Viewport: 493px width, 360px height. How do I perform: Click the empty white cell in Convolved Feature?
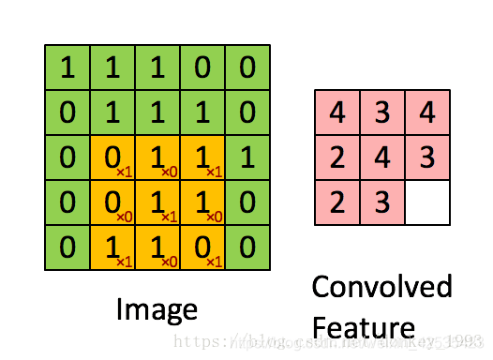tap(427, 202)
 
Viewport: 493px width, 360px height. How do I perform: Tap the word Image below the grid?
tap(157, 309)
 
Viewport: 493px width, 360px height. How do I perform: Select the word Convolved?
tap(381, 287)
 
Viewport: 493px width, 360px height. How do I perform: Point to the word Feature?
tap(363, 327)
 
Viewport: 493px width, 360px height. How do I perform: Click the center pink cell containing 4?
tap(382, 157)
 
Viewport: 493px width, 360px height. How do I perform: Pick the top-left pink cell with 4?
tap(337, 112)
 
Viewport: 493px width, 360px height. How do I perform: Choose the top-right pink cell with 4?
tap(427, 112)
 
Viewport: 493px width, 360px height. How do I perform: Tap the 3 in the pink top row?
tap(382, 112)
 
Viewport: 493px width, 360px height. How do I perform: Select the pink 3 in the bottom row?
tap(382, 202)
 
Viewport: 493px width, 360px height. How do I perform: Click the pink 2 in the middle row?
tap(337, 157)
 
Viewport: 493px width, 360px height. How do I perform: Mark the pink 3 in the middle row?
tap(427, 157)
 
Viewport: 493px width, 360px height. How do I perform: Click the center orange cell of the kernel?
tap(157, 202)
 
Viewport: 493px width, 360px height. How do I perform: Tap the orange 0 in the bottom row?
tap(202, 247)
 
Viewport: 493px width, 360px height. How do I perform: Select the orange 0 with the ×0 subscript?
tap(112, 202)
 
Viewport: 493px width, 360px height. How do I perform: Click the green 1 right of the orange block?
tap(247, 157)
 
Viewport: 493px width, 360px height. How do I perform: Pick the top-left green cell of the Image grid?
tap(67, 67)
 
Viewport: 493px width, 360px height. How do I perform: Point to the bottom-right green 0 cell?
tap(247, 247)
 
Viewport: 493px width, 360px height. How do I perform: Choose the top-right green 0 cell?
tap(247, 67)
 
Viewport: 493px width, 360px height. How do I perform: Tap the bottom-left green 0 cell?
tap(67, 247)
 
